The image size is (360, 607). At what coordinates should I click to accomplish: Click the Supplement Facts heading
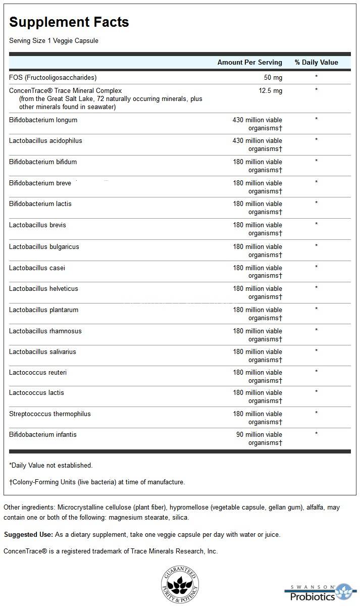pyautogui.click(x=69, y=22)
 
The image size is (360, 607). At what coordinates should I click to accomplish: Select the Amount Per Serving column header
pyautogui.click(x=249, y=62)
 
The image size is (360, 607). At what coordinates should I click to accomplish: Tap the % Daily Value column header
pyautogui.click(x=316, y=62)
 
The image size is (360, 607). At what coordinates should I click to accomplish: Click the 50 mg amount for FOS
pyautogui.click(x=273, y=77)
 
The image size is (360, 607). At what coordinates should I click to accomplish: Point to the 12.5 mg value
pyautogui.click(x=270, y=90)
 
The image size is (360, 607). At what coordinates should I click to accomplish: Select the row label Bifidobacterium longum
pyautogui.click(x=43, y=120)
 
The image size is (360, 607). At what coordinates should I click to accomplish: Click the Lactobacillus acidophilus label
pyautogui.click(x=45, y=141)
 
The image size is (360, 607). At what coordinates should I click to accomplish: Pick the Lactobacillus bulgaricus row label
pyautogui.click(x=44, y=247)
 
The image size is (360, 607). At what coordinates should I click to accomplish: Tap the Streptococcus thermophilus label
pyautogui.click(x=50, y=414)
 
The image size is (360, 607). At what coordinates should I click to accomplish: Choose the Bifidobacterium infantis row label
pyautogui.click(x=43, y=435)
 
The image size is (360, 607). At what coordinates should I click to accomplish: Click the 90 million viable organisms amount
pyautogui.click(x=260, y=439)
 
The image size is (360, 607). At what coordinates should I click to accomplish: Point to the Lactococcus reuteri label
pyautogui.click(x=38, y=373)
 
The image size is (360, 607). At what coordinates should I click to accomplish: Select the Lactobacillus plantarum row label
pyautogui.click(x=43, y=310)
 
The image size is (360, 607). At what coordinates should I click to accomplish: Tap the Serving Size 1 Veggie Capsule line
pyautogui.click(x=54, y=40)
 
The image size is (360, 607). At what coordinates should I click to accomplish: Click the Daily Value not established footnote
pyautogui.click(x=50, y=465)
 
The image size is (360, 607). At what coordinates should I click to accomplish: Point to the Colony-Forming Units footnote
pyautogui.click(x=97, y=482)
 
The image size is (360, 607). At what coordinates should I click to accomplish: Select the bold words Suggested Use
pyautogui.click(x=28, y=535)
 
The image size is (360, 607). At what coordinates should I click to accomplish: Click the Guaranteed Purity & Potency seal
pyautogui.click(x=180, y=585)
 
